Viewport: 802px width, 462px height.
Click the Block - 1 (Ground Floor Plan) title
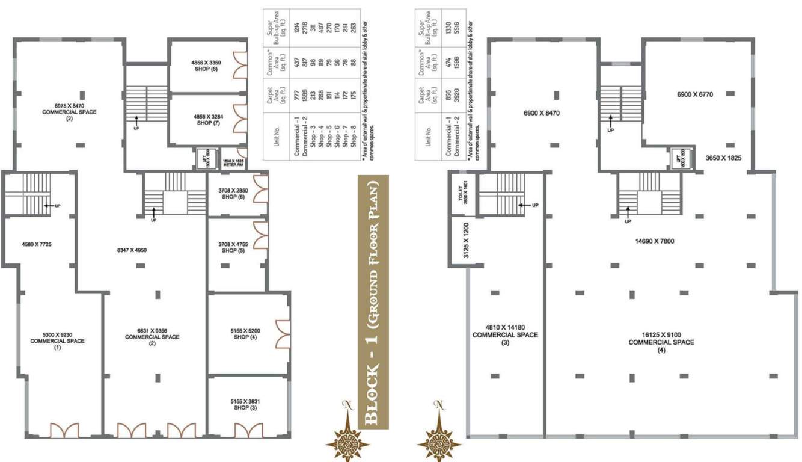click(x=373, y=302)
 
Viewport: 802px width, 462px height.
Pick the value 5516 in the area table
click(x=462, y=28)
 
